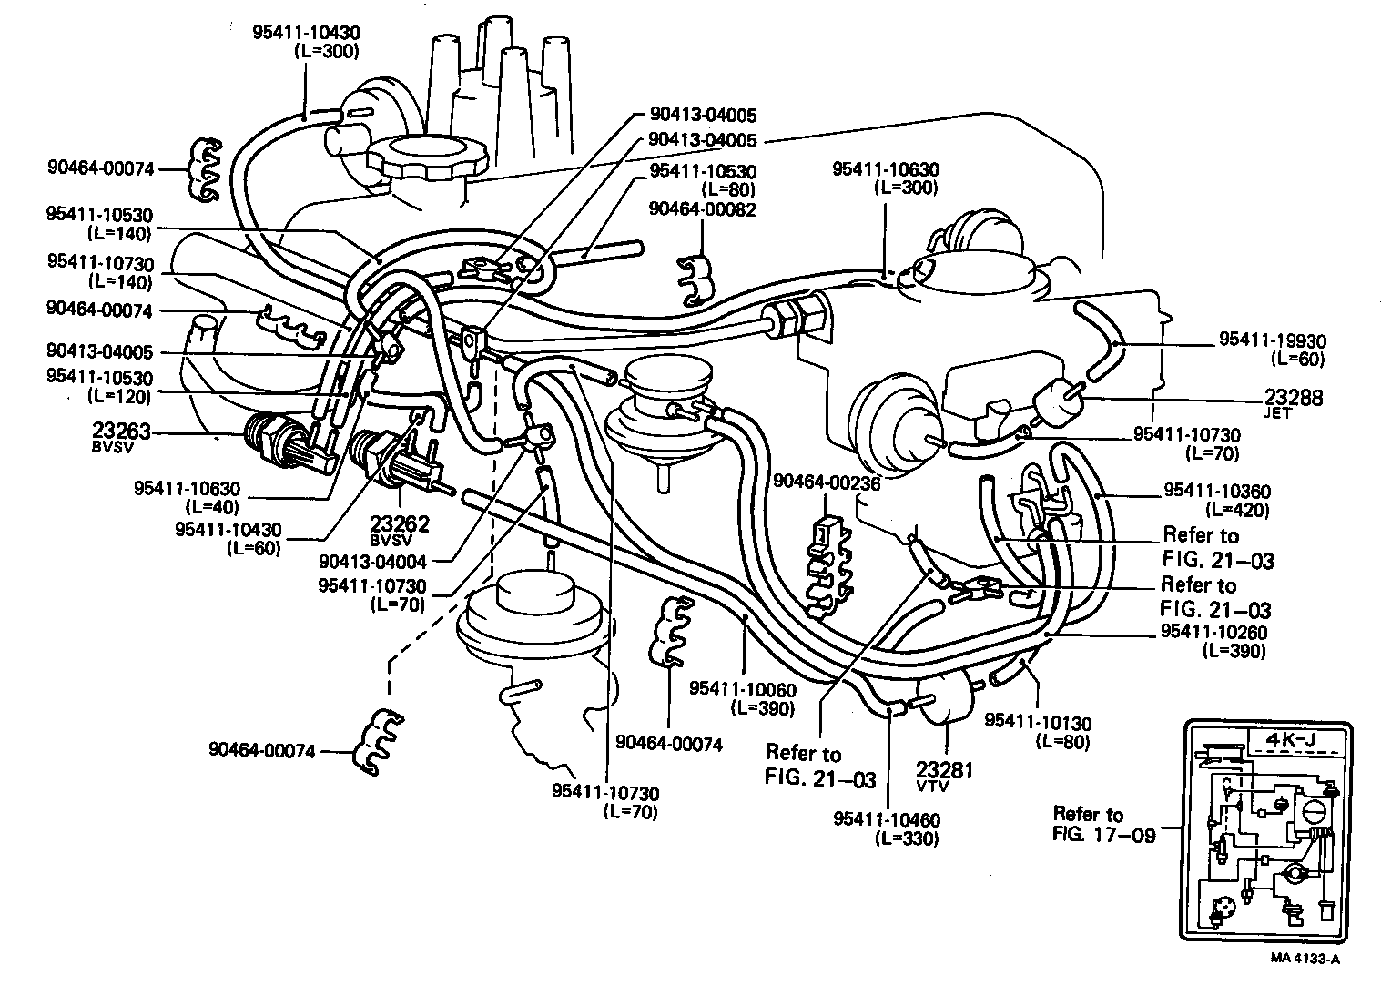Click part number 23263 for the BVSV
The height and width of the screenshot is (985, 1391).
[121, 431]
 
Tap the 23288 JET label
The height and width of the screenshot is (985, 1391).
[1294, 398]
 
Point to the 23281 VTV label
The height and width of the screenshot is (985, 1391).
[945, 770]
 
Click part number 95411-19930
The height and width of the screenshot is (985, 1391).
[1273, 340]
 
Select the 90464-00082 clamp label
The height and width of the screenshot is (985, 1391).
[703, 209]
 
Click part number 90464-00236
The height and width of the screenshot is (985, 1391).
[827, 482]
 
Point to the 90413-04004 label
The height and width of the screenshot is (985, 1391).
[385, 563]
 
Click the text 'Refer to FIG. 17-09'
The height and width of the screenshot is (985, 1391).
[1103, 823]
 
